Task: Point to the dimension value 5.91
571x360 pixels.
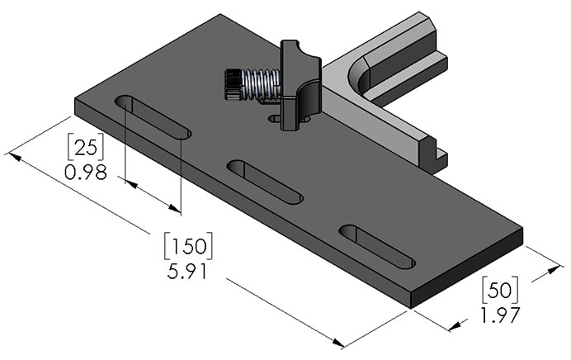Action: coord(189,271)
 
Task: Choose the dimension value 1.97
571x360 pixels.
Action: coord(499,315)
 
